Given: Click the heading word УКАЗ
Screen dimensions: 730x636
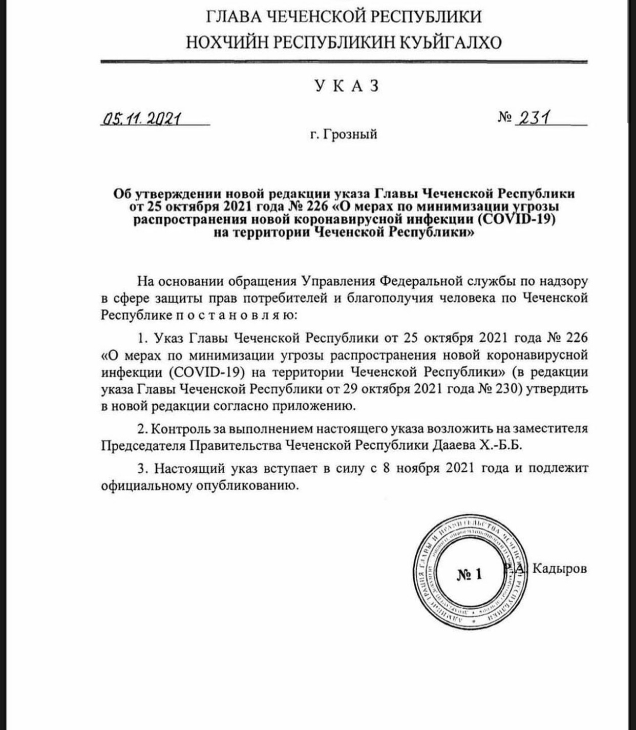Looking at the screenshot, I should coord(347,86).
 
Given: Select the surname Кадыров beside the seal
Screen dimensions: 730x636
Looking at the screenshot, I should coord(559,568).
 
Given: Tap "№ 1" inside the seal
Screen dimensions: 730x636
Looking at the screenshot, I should coord(469,574).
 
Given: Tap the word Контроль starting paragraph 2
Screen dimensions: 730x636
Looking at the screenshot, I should coord(183,428).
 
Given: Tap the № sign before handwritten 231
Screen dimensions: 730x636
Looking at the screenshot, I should coord(504,118).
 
